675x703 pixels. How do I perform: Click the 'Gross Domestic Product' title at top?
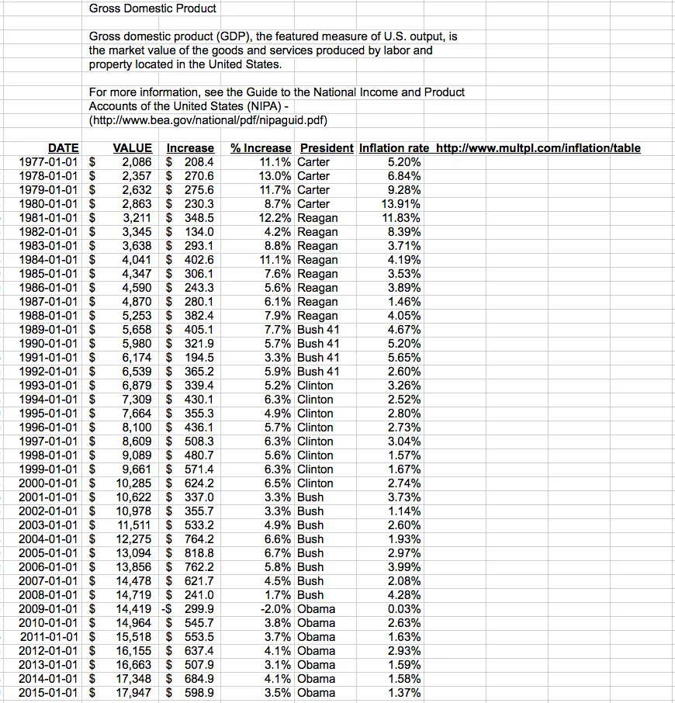tap(152, 9)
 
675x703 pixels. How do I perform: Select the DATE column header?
tap(63, 148)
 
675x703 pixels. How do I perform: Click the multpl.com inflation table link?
tap(538, 148)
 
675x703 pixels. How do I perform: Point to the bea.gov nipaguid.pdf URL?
tap(208, 120)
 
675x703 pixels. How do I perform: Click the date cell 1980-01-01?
tap(48, 204)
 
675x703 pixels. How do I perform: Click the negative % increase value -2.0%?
tap(275, 609)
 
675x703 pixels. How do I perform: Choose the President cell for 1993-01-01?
tap(315, 386)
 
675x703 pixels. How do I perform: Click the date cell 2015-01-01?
tap(48, 693)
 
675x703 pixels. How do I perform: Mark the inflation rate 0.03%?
tap(404, 609)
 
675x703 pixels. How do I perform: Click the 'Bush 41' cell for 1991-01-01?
tap(318, 358)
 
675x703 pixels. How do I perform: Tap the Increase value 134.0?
tap(199, 232)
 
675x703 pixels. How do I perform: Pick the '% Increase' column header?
tap(261, 148)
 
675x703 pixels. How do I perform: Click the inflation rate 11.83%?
tap(402, 218)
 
